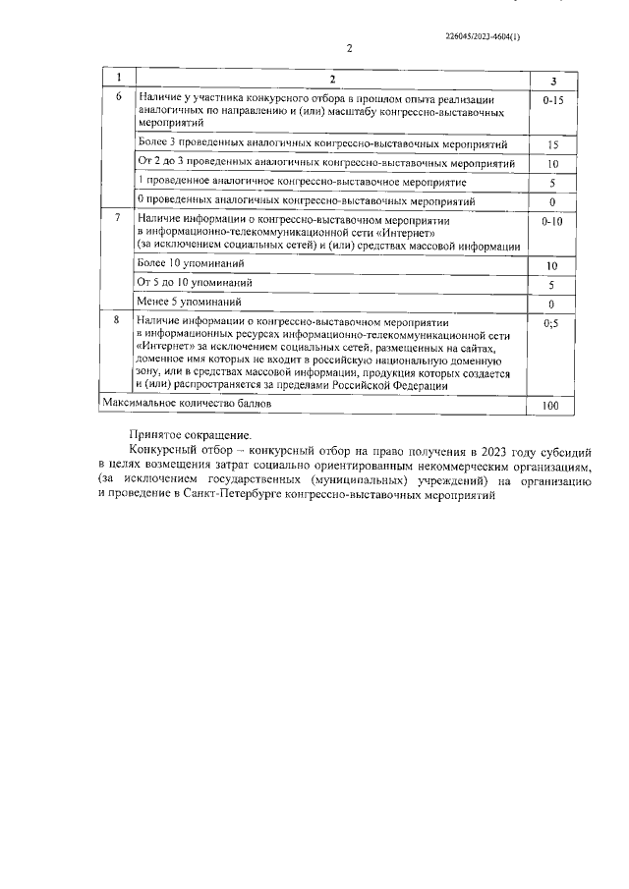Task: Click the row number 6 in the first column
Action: (119, 98)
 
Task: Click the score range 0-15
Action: (552, 100)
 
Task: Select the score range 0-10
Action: (552, 223)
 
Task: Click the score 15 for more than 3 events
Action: (552, 144)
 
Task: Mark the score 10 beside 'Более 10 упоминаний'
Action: (552, 266)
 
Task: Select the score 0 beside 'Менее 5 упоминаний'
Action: (552, 304)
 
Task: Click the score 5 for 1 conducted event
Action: (552, 183)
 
